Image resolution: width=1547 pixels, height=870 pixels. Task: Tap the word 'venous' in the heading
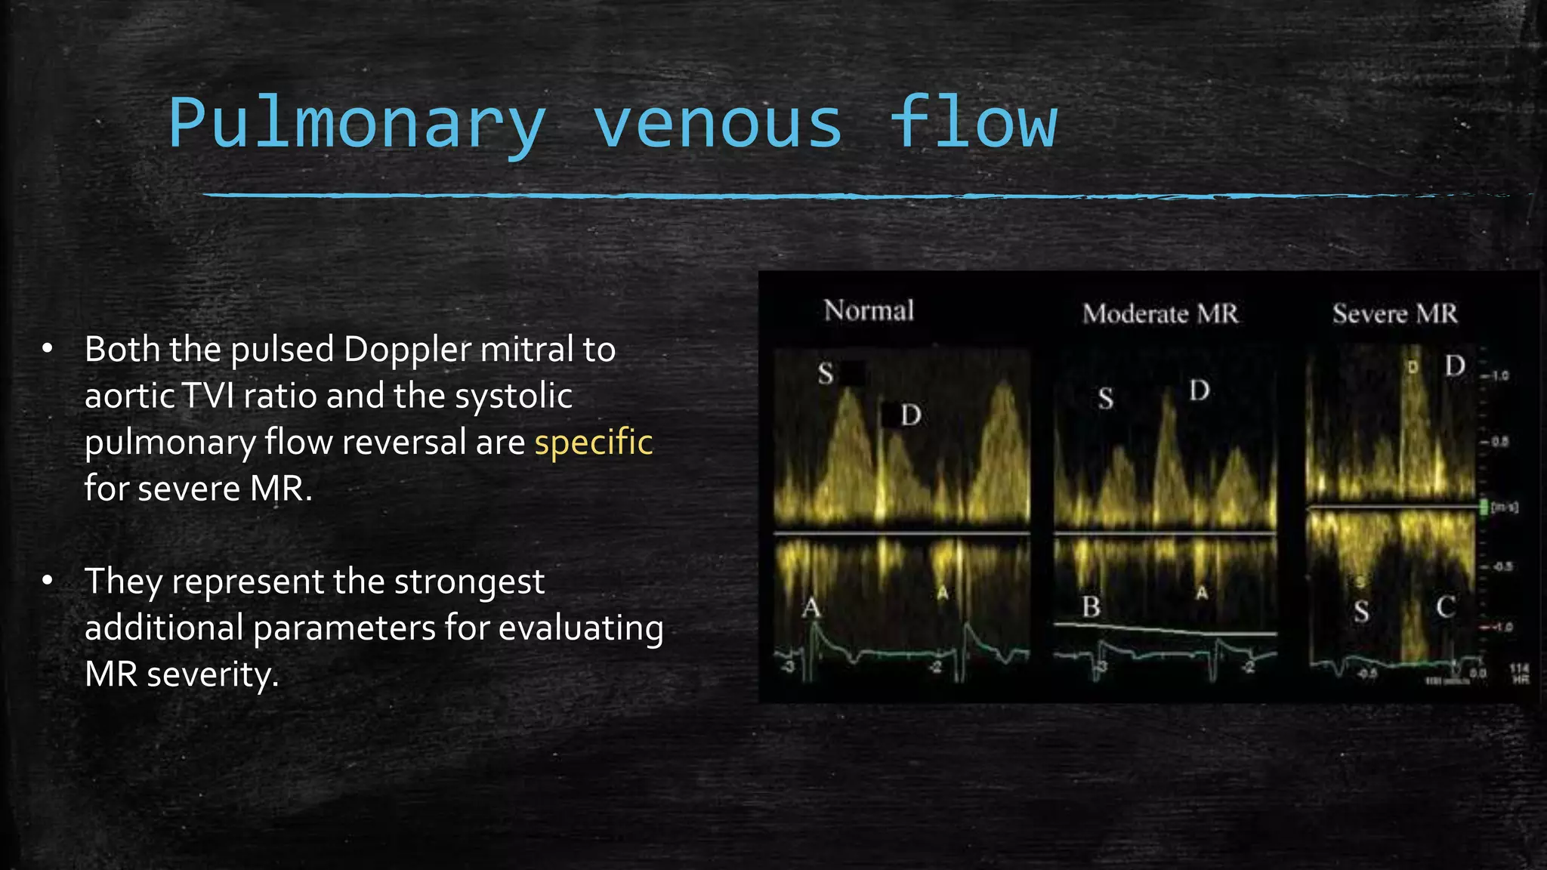tap(717, 123)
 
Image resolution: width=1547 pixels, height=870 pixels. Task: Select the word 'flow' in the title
tap(973, 123)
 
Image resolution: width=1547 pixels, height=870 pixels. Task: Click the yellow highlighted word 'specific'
tap(594, 442)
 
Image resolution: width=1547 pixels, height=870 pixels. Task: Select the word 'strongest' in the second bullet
tap(469, 582)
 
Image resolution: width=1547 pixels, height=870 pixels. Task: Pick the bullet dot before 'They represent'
tap(48, 580)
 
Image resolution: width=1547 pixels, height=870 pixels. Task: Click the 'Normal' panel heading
tap(869, 310)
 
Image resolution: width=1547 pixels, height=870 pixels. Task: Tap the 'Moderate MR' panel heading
tap(1160, 313)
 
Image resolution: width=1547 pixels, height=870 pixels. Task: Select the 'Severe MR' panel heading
tap(1394, 313)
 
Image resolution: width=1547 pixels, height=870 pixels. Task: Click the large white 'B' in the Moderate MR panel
tap(1091, 606)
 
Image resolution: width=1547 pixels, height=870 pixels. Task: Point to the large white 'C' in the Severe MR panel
tap(1445, 606)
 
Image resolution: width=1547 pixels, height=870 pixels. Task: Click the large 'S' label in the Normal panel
tap(826, 373)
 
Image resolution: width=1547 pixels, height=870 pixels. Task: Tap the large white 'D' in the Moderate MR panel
tap(1200, 390)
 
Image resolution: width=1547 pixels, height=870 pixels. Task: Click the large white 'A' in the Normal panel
tap(811, 606)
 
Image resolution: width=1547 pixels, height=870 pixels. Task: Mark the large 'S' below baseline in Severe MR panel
tap(1361, 610)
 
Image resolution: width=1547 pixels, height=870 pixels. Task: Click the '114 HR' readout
tap(1519, 674)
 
